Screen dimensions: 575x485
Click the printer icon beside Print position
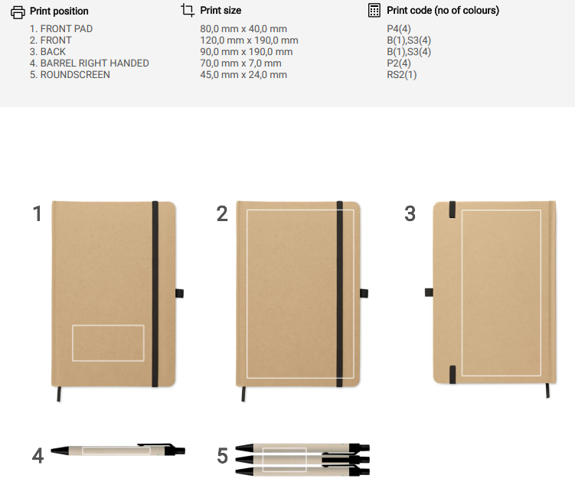coord(18,12)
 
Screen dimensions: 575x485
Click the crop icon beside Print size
coord(188,10)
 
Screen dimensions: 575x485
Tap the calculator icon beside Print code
coord(374,10)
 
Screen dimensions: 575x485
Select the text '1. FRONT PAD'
coord(61,28)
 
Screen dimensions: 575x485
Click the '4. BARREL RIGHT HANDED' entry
coord(90,63)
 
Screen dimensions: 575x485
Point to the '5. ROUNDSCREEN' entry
coord(70,75)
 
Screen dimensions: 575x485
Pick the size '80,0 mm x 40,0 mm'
coord(243,28)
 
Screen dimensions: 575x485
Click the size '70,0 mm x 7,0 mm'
coord(240,63)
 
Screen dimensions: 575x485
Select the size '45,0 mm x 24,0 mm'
coord(243,75)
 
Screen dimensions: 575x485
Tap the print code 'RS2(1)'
coord(401,75)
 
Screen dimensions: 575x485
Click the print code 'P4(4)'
coord(399,28)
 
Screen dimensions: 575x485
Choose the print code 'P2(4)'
coord(399,63)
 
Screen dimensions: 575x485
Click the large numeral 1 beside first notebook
coord(38,213)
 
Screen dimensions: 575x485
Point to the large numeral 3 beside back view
coord(410,213)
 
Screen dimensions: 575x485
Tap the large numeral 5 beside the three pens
coord(223,456)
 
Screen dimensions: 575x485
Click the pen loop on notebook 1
coord(179,293)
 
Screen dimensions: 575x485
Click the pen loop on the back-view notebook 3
coord(429,292)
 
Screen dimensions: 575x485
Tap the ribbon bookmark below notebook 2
coord(243,394)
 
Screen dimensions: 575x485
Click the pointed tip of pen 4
coord(51,451)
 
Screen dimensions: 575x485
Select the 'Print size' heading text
coord(221,10)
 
